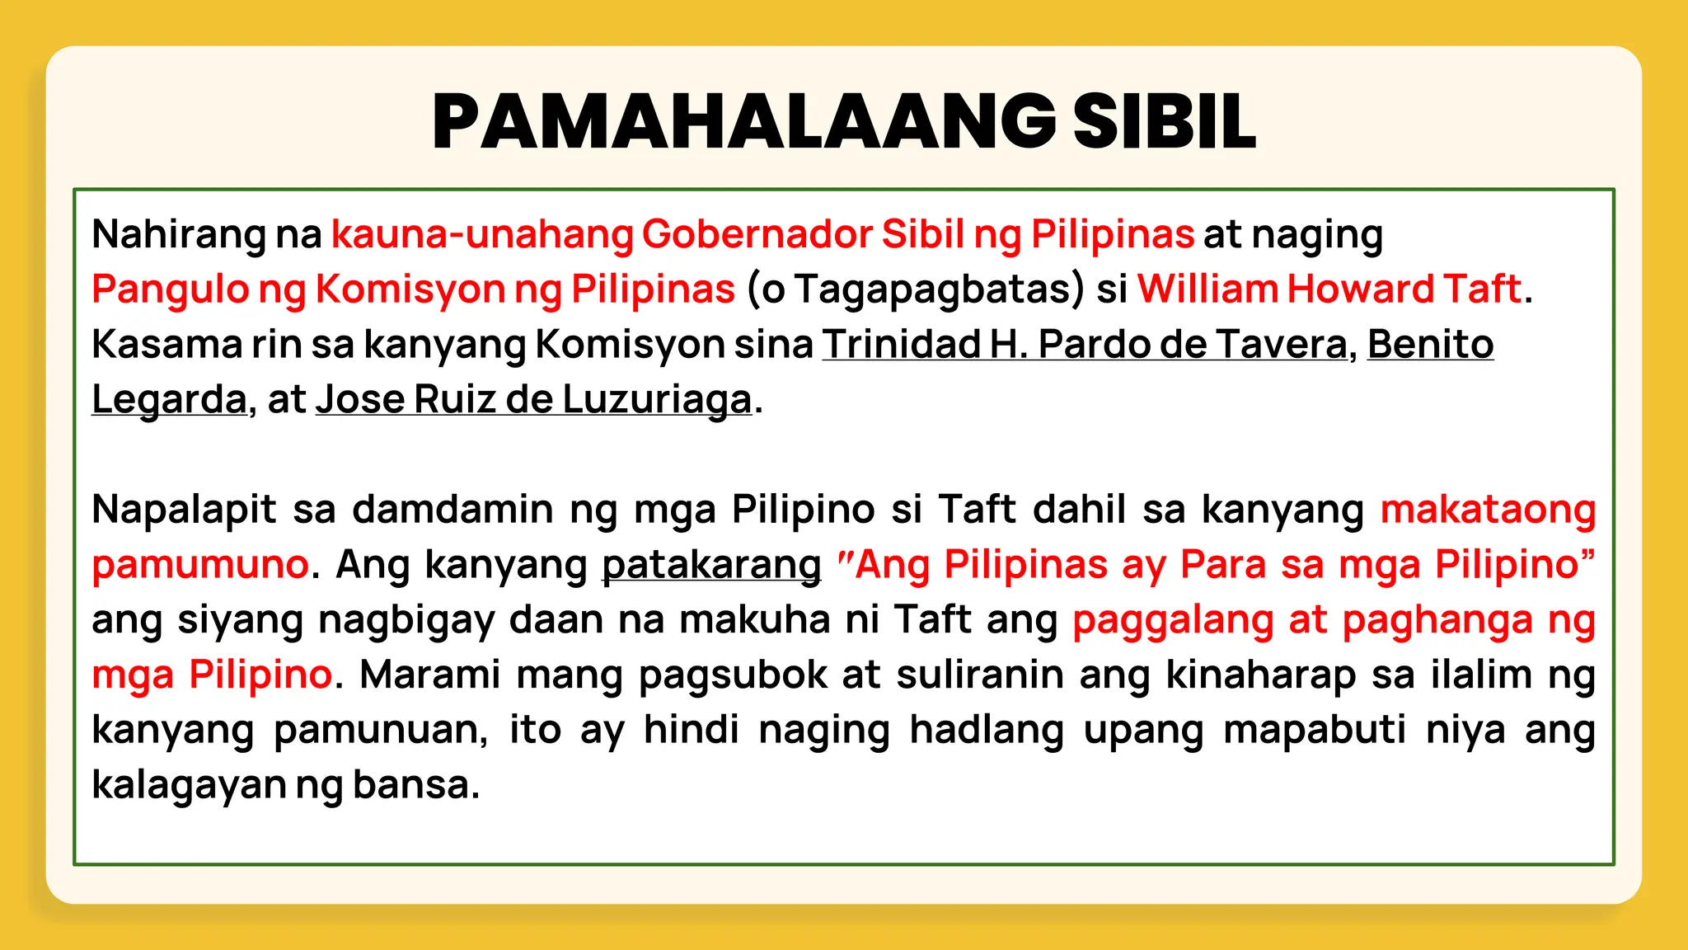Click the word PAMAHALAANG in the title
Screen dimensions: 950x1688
click(743, 121)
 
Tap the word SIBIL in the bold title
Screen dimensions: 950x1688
click(1164, 121)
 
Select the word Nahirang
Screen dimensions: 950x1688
click(178, 234)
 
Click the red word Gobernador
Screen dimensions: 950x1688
click(757, 234)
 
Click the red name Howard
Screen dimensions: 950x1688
click(1361, 289)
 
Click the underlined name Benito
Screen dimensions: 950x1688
click(1430, 344)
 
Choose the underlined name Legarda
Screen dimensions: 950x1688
click(169, 400)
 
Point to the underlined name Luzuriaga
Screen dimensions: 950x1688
click(657, 400)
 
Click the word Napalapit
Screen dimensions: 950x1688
click(184, 509)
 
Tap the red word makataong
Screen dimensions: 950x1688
click(1488, 509)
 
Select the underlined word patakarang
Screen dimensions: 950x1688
click(711, 565)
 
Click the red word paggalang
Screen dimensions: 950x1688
click(1173, 620)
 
